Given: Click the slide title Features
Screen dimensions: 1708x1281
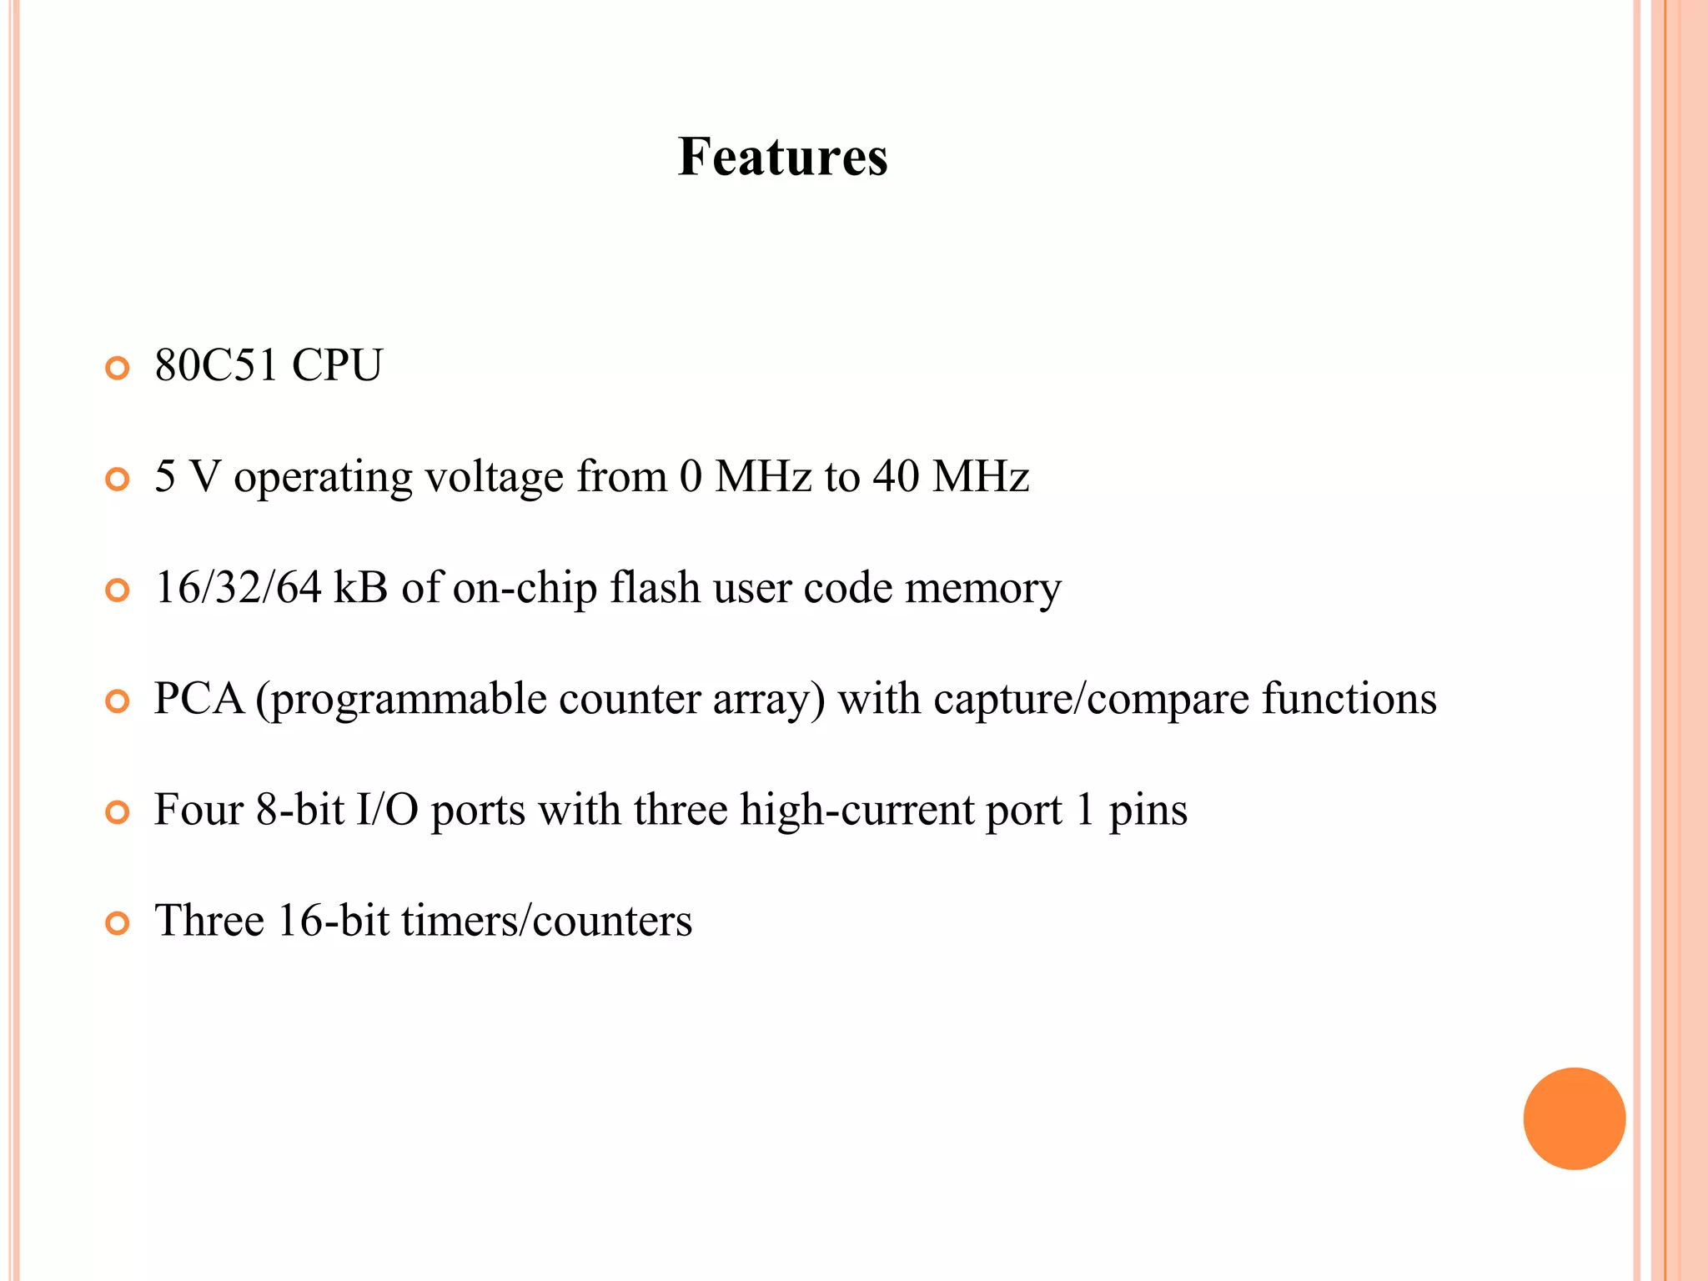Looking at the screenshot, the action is coord(782,157).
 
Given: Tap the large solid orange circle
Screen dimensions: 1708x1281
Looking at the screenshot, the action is coord(1574,1118).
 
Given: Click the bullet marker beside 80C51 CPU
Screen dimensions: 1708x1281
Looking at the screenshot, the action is coord(118,368).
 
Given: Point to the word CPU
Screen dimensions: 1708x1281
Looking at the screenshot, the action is coord(337,365).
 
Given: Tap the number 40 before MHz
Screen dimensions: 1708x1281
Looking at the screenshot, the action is coord(896,476).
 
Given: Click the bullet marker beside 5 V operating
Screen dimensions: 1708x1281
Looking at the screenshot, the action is coord(118,480).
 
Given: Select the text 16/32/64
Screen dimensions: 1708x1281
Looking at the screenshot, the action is coord(239,587).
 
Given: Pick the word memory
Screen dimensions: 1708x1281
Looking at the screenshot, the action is coord(982,589).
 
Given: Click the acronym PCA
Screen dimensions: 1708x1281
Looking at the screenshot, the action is coord(199,698).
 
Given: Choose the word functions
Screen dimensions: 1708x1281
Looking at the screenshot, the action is coord(1349,698).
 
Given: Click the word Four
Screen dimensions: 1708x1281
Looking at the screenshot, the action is coord(198,810).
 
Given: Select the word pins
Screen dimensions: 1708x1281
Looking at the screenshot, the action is coord(1148,811).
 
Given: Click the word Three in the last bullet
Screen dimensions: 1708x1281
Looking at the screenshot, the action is coord(209,921).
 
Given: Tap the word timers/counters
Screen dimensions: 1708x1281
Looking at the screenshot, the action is coord(546,921).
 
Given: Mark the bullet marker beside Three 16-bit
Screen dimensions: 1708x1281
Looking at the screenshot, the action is coord(118,923).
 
